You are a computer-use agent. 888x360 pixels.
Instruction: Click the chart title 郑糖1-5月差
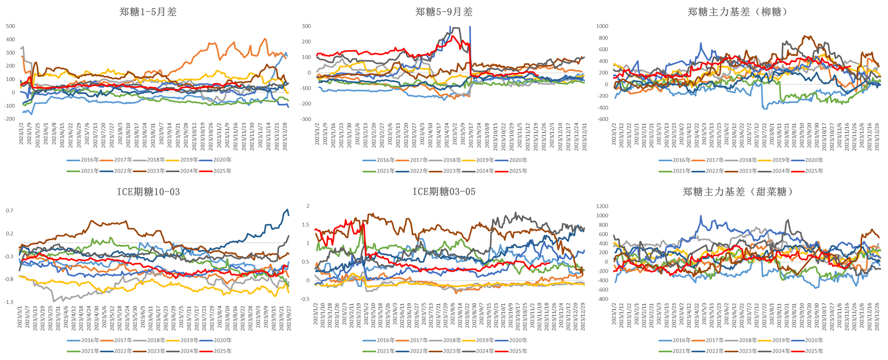tap(148, 12)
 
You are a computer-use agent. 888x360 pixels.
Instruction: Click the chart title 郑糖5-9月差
tap(444, 12)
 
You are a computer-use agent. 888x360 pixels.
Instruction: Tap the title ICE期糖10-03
tap(148, 192)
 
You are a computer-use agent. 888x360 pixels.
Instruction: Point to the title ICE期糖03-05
tap(444, 192)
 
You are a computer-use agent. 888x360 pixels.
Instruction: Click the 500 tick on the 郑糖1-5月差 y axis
tap(10, 26)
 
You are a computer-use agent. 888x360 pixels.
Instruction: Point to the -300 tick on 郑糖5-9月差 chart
tap(305, 119)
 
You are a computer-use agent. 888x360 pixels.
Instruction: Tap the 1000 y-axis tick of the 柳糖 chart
tap(602, 26)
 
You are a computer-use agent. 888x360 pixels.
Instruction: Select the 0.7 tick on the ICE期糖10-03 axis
tap(10, 210)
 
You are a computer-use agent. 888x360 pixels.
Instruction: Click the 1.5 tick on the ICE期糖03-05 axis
tap(305, 225)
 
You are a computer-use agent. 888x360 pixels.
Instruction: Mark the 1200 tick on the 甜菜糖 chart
tap(602, 206)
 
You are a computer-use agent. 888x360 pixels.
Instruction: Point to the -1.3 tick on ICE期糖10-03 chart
tap(9, 302)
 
